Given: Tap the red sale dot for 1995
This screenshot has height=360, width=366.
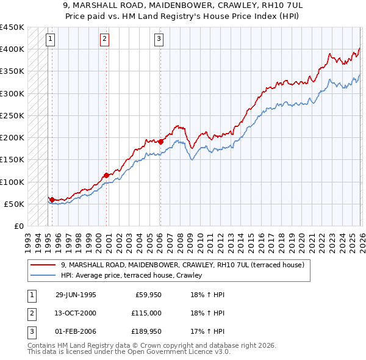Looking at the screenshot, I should (52, 200).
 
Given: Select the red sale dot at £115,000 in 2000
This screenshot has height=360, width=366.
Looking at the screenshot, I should (106, 175).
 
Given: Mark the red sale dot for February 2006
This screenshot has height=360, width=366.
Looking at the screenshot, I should (160, 142).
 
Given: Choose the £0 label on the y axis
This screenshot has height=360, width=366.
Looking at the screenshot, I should (18, 226).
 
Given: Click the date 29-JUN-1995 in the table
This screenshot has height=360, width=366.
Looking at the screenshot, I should (76, 295).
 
